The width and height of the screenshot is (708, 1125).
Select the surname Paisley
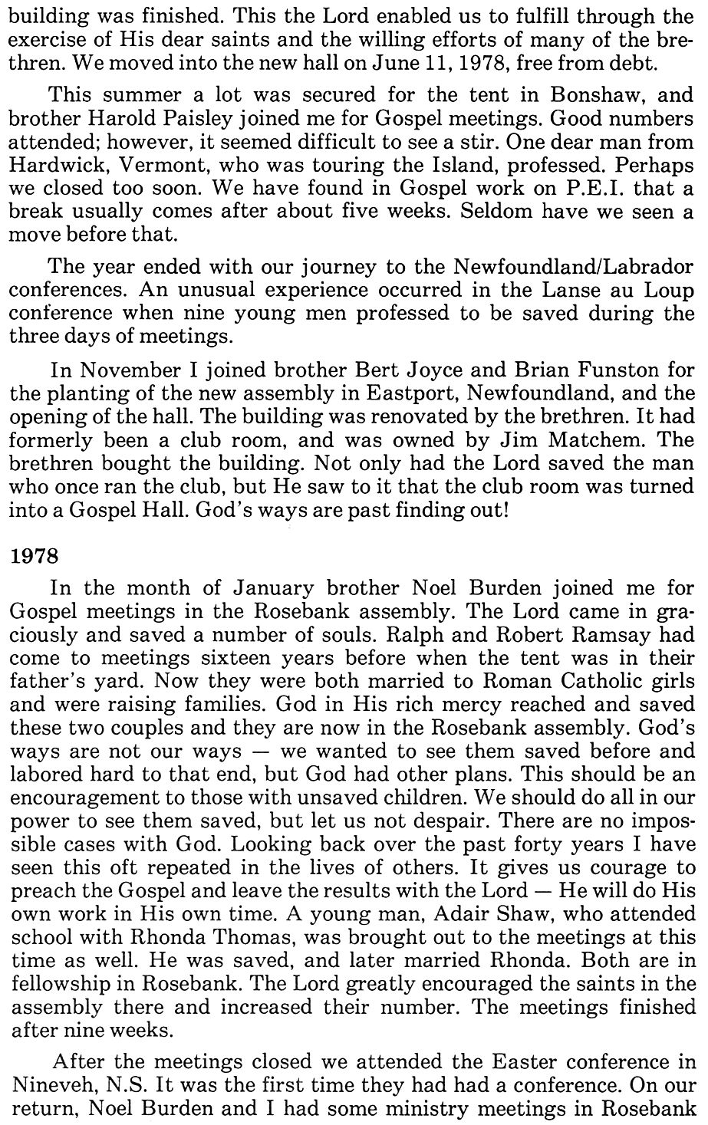pos(196,121)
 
